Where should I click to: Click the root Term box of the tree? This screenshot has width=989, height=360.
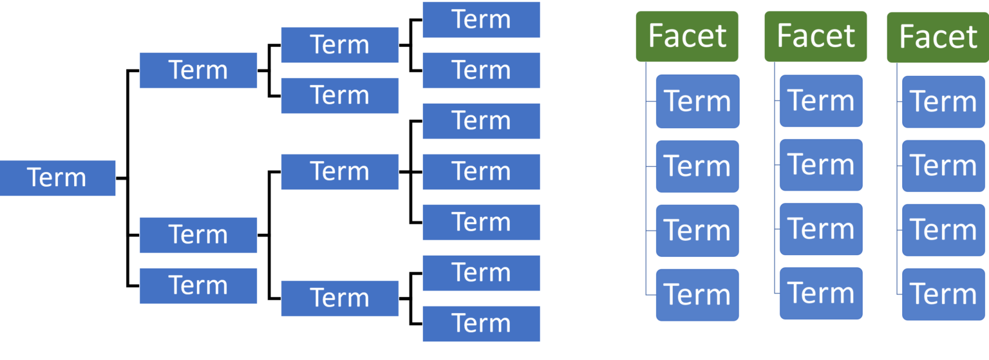(x=57, y=178)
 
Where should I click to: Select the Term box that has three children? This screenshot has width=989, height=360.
(x=339, y=172)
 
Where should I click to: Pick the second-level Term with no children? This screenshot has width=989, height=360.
(x=198, y=285)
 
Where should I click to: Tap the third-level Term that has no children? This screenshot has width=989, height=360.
(x=339, y=95)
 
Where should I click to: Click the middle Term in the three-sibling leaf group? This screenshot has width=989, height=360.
(x=481, y=172)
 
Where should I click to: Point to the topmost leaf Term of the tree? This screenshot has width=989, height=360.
(x=481, y=19)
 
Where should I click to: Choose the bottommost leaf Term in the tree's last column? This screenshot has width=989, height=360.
(x=481, y=323)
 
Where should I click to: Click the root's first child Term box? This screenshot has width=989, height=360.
(x=198, y=70)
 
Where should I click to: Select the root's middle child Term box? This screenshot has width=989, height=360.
(x=198, y=235)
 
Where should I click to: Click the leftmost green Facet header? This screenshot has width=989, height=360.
(x=687, y=36)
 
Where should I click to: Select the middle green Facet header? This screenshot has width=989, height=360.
(x=816, y=36)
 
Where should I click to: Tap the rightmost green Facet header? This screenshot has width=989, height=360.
(x=938, y=37)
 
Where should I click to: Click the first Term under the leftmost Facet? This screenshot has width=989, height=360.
(x=697, y=101)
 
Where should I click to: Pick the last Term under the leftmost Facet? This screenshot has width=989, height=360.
(x=697, y=294)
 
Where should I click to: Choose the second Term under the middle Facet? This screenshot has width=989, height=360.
(x=821, y=165)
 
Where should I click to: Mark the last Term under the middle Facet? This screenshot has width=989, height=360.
(x=821, y=293)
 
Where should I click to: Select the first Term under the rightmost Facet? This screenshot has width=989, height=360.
(x=943, y=101)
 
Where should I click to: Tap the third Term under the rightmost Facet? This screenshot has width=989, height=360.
(x=943, y=230)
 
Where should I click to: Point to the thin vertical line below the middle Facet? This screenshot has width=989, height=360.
(x=775, y=193)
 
